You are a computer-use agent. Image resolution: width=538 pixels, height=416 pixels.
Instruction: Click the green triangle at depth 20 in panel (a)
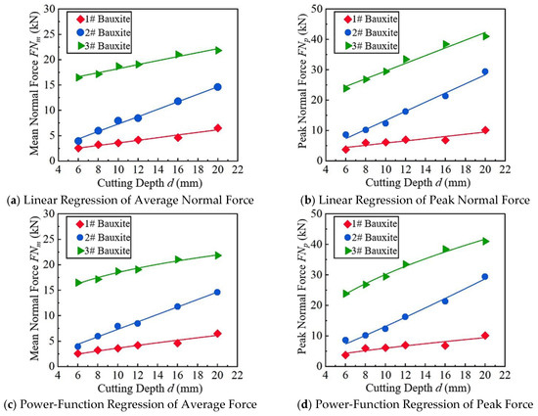[x=217, y=50]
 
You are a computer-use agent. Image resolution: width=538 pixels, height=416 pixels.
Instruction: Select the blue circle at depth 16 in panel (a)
[x=178, y=101]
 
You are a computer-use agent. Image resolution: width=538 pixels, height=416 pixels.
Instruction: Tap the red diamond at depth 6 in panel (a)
[x=78, y=148]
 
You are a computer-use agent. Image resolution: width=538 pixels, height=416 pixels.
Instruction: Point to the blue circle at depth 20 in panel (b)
[x=485, y=71]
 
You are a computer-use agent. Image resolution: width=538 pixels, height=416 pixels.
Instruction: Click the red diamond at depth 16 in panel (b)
[x=445, y=140]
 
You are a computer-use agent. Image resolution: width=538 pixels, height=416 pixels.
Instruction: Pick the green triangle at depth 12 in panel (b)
[x=406, y=59]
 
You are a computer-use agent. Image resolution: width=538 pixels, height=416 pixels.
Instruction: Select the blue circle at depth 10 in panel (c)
[x=117, y=326]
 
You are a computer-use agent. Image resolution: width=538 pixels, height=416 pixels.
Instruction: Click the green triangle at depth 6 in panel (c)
[x=78, y=283]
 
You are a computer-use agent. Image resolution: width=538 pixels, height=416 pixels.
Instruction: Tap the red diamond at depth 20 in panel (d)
[x=485, y=336]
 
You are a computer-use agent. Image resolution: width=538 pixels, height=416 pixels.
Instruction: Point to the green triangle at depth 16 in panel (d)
[x=445, y=249]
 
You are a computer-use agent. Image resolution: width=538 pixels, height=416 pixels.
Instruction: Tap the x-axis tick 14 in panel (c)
[x=157, y=375]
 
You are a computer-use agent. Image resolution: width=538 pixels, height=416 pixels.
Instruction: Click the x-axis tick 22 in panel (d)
[x=505, y=375]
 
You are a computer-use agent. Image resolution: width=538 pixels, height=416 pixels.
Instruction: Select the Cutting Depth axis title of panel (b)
[x=418, y=182]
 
